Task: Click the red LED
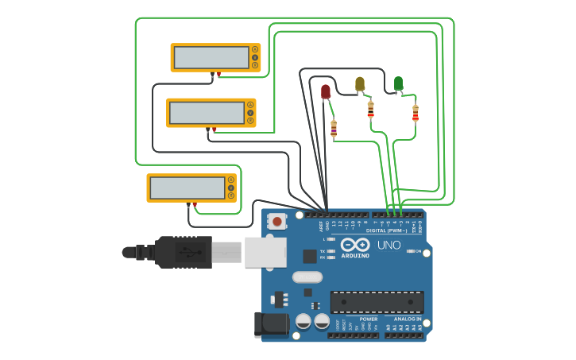click(x=326, y=91)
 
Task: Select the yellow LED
click(x=360, y=83)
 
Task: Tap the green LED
click(x=398, y=83)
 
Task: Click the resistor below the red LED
click(x=334, y=128)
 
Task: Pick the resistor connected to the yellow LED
click(x=370, y=109)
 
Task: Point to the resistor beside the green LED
click(x=415, y=114)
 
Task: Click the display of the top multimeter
click(x=211, y=57)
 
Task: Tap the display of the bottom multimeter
click(x=187, y=188)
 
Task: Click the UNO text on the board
click(x=389, y=245)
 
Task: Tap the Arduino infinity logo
click(x=355, y=244)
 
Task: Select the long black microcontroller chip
click(x=377, y=302)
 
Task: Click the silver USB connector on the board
click(x=265, y=252)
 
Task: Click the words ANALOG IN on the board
click(x=408, y=319)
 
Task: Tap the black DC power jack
click(x=270, y=324)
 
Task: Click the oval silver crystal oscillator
click(x=307, y=277)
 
